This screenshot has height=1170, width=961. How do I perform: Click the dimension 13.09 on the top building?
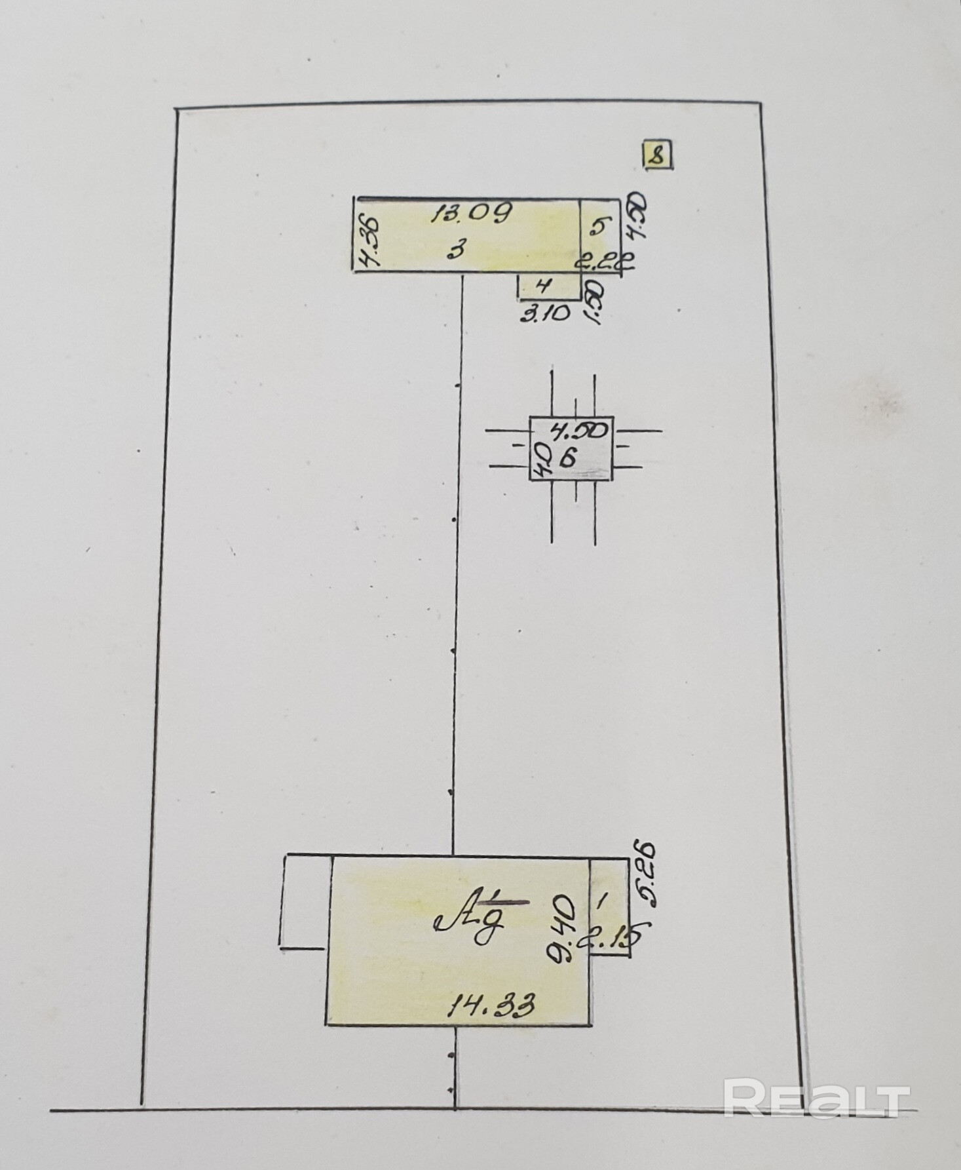[x=470, y=213]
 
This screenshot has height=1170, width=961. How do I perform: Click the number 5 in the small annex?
[x=597, y=227]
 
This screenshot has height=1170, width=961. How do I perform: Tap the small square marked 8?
[x=656, y=156]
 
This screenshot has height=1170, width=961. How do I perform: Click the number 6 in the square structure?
[x=568, y=458]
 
